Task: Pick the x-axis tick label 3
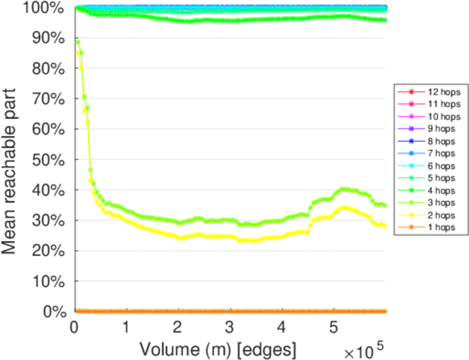point(230,328)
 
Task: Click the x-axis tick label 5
point(334,328)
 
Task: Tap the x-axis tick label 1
point(126,328)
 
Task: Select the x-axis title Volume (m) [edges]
point(218,348)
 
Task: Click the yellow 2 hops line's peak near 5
point(343,208)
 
